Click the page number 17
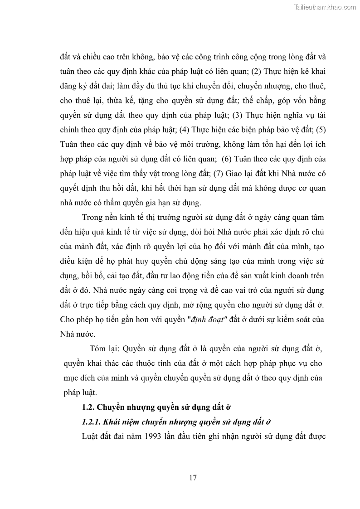193,477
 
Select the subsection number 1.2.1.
92,422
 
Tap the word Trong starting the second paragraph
92,217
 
